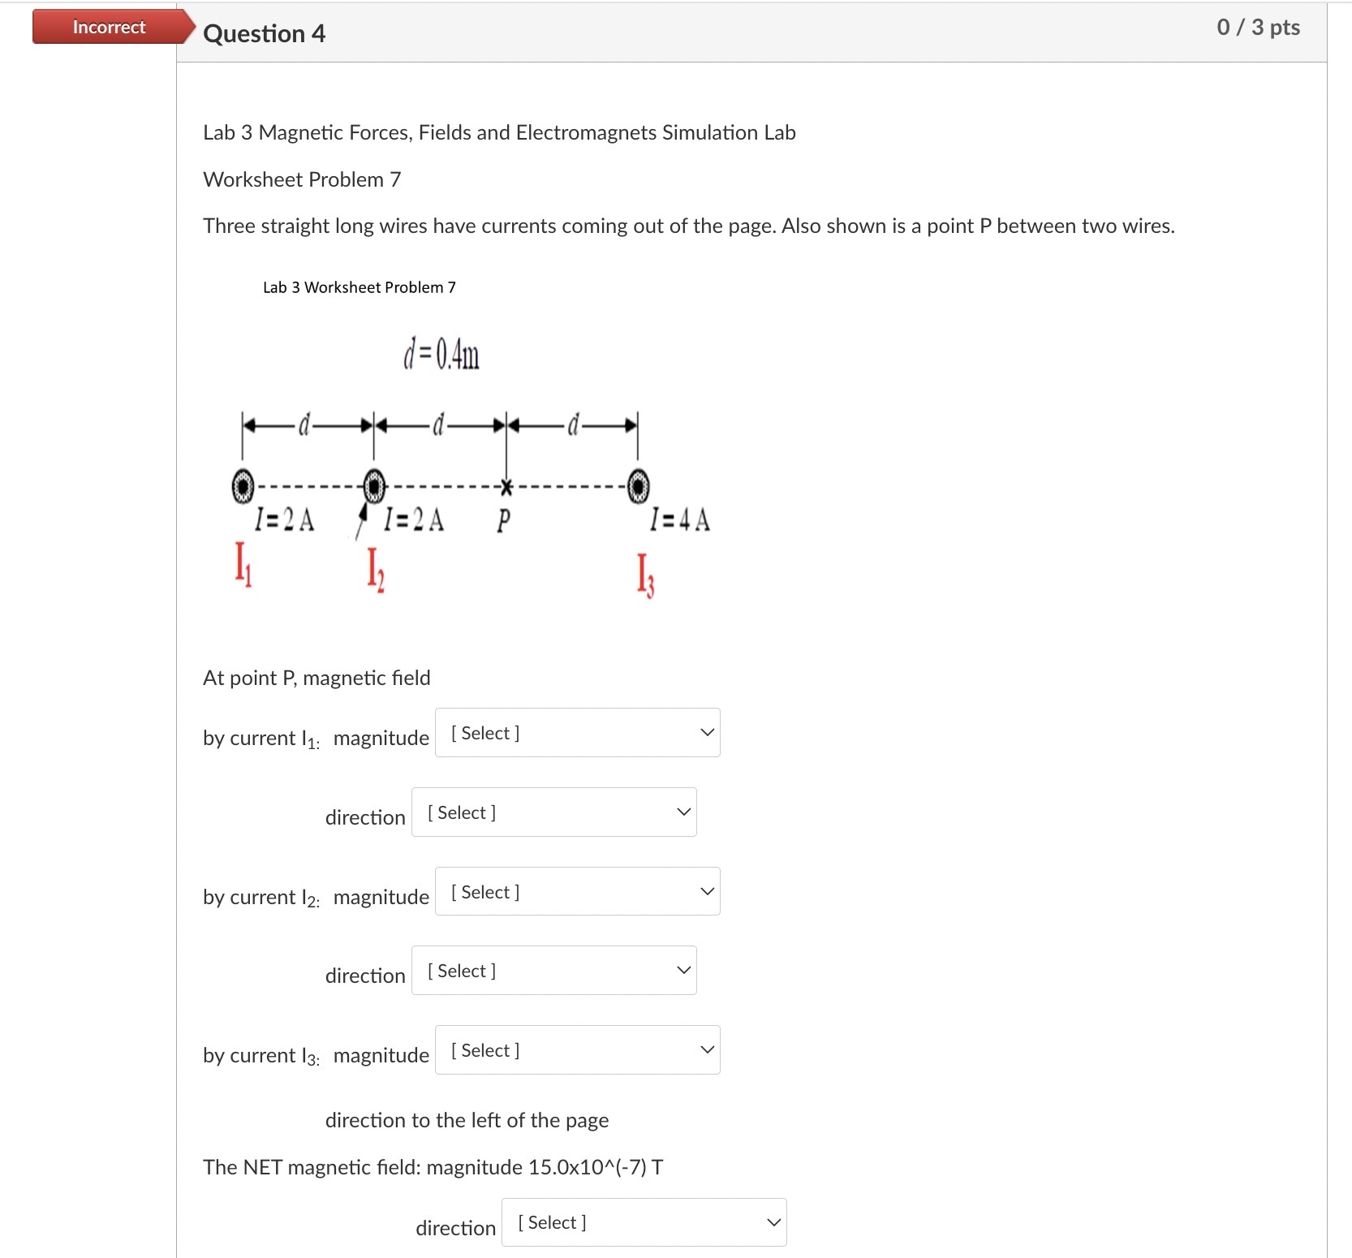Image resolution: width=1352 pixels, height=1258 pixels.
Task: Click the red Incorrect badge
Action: click(x=109, y=27)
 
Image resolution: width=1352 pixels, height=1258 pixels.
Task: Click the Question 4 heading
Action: click(x=264, y=33)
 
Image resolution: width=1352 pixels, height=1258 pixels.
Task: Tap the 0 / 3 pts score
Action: click(x=1258, y=28)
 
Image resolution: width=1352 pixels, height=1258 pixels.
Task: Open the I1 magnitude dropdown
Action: click(x=577, y=733)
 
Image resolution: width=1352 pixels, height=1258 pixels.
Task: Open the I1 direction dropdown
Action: click(x=553, y=812)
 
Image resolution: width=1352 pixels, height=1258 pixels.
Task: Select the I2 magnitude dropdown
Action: click(x=577, y=892)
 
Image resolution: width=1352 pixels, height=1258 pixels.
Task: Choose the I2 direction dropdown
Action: click(x=553, y=971)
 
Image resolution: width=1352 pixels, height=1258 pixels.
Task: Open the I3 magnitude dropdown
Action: click(x=577, y=1050)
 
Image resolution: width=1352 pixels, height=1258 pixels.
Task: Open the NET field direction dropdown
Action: click(x=644, y=1222)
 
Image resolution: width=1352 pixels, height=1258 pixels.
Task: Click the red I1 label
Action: click(x=243, y=563)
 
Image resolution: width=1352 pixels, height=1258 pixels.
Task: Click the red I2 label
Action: click(x=375, y=569)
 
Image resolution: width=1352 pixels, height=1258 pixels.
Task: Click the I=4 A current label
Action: click(x=680, y=519)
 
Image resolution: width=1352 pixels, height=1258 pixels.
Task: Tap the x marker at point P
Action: click(x=506, y=487)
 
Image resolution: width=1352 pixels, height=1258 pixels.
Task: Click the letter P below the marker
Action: click(x=503, y=520)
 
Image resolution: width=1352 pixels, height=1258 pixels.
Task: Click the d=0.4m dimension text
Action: click(x=441, y=355)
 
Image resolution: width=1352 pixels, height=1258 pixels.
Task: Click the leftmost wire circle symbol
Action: click(x=243, y=486)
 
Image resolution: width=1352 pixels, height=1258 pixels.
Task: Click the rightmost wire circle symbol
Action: click(x=639, y=486)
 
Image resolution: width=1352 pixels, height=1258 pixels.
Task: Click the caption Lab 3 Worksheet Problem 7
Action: click(x=359, y=287)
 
